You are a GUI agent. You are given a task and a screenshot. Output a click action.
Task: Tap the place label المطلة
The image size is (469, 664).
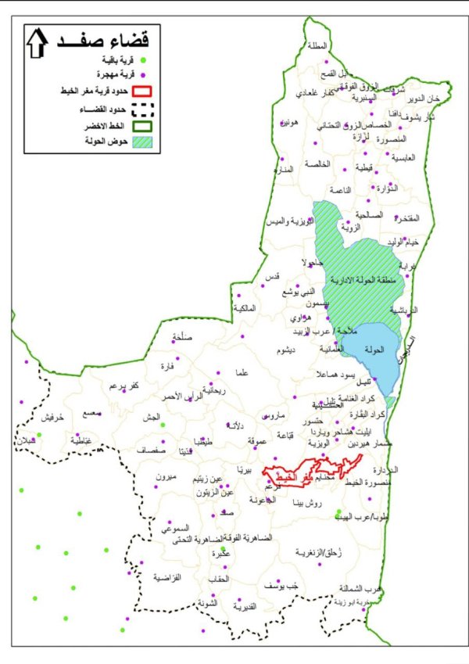click(x=319, y=46)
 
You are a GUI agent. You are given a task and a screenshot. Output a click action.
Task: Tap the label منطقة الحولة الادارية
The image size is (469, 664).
click(x=364, y=281)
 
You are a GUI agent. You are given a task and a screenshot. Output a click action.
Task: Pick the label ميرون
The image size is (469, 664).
click(x=167, y=476)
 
